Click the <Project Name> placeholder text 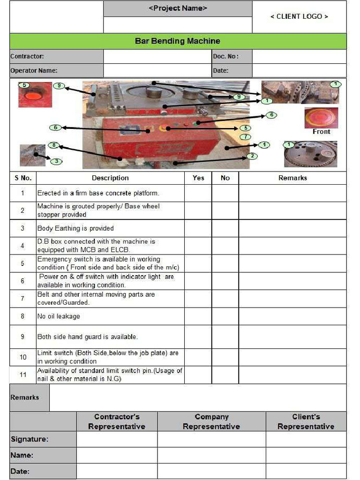coord(178,8)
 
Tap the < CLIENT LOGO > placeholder coord(299,16)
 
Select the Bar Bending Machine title coord(178,41)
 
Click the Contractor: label coord(27,56)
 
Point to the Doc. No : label coord(226,56)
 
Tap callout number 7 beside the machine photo coord(245,137)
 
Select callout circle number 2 coord(252,156)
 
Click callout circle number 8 coord(54,145)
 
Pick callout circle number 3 coord(56,161)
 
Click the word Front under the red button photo coord(321,132)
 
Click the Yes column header coord(198,178)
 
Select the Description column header coord(110,178)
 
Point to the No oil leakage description coord(59,316)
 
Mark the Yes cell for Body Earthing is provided coord(198,228)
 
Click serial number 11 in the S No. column coord(22,375)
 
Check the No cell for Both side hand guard coord(225,337)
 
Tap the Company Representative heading coord(211,421)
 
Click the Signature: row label coord(29,439)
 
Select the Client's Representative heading coord(306,421)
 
